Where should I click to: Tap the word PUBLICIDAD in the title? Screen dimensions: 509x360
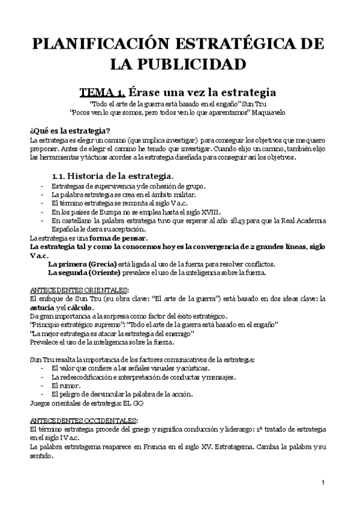pyautogui.click(x=196, y=64)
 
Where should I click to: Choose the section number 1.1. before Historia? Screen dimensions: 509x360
pyautogui.click(x=59, y=176)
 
